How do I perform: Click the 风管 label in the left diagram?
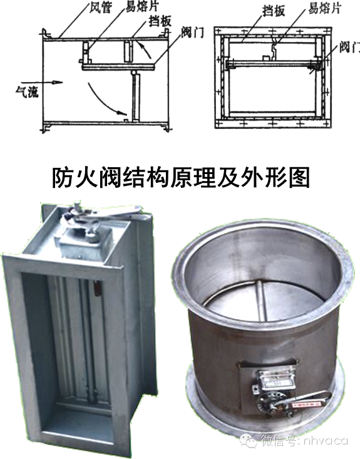click(x=100, y=8)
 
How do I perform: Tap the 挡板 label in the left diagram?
click(x=159, y=21)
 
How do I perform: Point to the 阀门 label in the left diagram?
click(x=192, y=32)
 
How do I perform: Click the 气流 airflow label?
click(x=27, y=91)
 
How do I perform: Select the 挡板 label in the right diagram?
click(x=274, y=11)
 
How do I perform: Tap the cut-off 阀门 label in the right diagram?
click(x=349, y=46)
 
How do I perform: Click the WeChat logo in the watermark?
click(x=248, y=440)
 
